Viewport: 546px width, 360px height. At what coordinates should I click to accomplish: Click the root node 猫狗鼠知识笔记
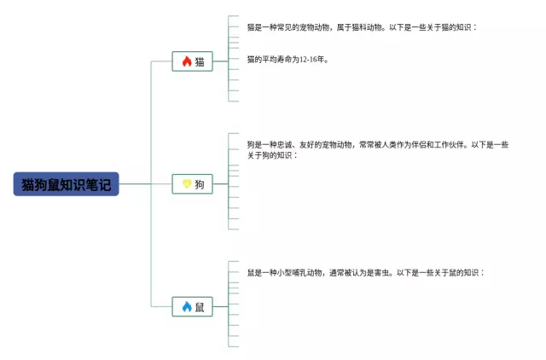[66, 184]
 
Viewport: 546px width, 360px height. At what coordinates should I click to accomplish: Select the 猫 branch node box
[192, 61]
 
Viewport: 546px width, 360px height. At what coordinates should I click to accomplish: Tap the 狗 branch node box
[192, 184]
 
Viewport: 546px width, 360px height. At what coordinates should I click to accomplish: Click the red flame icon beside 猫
[187, 61]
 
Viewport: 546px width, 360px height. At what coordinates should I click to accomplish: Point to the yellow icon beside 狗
[187, 184]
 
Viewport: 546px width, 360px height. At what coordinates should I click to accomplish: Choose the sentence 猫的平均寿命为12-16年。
[287, 60]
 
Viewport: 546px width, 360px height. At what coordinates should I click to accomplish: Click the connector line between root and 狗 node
[145, 184]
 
